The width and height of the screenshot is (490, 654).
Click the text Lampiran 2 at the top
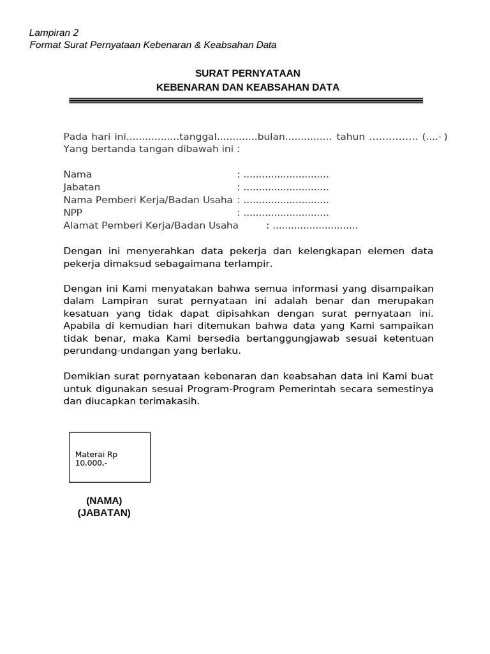click(54, 33)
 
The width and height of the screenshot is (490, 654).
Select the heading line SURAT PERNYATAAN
click(248, 73)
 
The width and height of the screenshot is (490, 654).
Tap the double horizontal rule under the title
click(246, 100)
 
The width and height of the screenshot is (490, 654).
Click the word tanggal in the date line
click(198, 137)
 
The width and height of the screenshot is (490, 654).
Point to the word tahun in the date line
click(350, 137)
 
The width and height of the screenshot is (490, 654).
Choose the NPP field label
click(73, 213)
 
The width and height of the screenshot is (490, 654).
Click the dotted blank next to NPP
click(286, 213)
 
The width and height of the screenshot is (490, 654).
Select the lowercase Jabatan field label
click(82, 187)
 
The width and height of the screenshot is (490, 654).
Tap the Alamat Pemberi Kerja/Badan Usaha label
click(151, 225)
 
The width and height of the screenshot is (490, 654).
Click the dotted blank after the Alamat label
click(315, 225)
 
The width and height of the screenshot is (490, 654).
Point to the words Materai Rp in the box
click(96, 454)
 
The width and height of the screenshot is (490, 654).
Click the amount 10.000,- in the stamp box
click(91, 462)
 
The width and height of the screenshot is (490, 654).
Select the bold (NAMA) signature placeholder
click(104, 500)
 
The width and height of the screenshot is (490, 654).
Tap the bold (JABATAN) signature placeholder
click(104, 513)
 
